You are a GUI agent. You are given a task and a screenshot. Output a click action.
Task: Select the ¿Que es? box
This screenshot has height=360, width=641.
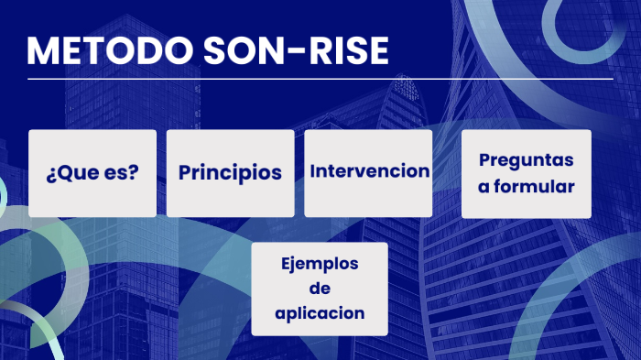(92, 173)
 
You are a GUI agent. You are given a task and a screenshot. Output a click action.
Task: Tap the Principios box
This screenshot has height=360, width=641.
(230, 173)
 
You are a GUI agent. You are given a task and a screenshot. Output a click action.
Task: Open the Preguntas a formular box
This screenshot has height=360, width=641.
(527, 173)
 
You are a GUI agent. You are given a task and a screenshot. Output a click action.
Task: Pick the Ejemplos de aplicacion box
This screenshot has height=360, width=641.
(320, 289)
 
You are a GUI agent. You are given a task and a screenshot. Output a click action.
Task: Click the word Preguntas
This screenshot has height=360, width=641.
(527, 160)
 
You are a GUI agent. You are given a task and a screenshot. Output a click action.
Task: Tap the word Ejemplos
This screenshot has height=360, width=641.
(320, 265)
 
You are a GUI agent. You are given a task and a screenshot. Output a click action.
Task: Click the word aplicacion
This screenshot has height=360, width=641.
(320, 313)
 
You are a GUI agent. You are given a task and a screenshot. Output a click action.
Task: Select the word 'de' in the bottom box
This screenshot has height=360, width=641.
(320, 289)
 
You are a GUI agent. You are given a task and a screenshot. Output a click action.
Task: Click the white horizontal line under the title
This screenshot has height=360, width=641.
(320, 79)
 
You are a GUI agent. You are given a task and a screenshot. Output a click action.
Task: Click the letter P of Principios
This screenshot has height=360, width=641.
(185, 173)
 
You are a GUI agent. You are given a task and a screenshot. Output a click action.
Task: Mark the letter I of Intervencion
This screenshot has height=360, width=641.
(313, 171)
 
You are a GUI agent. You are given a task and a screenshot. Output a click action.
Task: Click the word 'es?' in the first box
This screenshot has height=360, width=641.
(123, 173)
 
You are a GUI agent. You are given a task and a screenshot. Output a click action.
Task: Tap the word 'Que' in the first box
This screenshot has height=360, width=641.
(80, 173)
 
